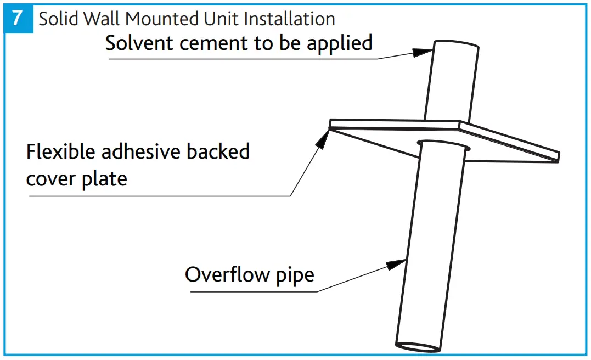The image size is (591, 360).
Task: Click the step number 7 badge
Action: click(x=18, y=18)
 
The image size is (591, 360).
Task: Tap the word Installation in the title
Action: click(x=289, y=19)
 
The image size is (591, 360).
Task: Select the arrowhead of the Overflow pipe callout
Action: click(x=396, y=265)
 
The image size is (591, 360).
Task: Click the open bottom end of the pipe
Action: click(x=418, y=347)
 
